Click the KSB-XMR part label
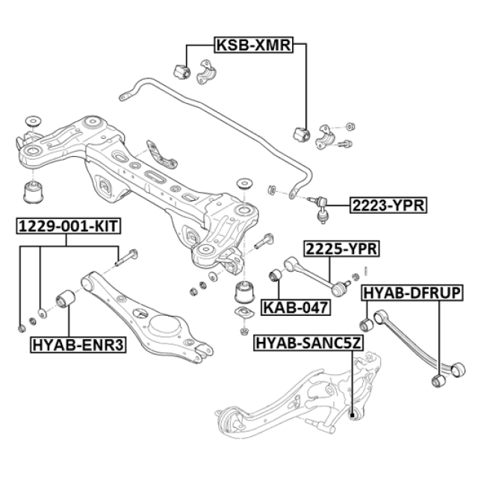click(x=255, y=45)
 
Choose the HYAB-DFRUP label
click(x=412, y=292)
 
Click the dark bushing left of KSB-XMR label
click(x=179, y=71)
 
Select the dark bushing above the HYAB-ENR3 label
click(x=64, y=300)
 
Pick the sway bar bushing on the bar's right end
click(x=302, y=133)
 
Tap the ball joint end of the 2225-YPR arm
click(x=344, y=284)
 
